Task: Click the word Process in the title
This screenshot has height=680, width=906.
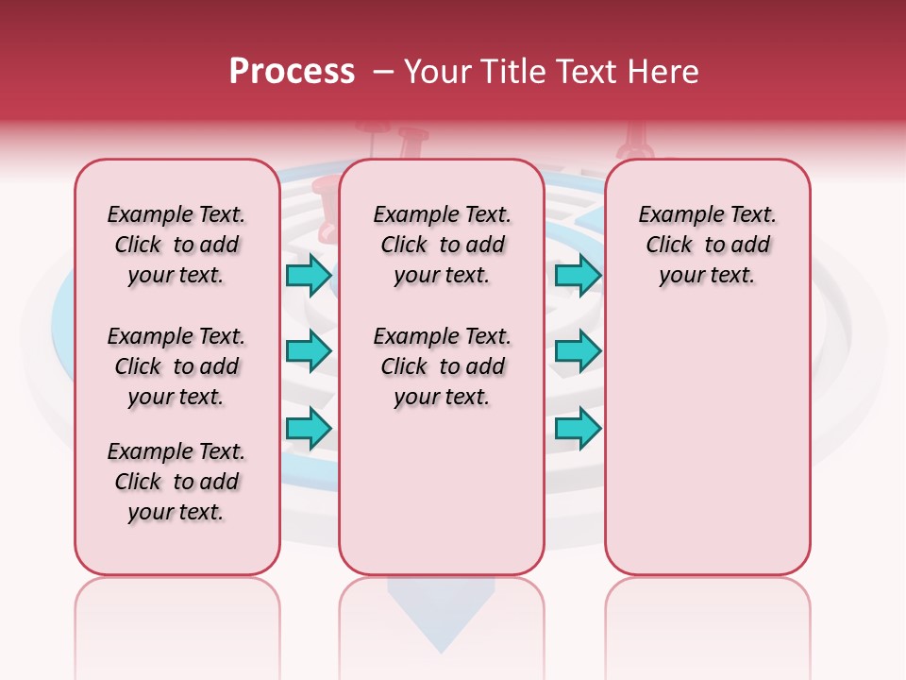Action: [x=292, y=72]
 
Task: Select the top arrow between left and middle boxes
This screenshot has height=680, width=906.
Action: [x=309, y=275]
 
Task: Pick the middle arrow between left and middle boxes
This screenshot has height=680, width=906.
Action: [x=309, y=351]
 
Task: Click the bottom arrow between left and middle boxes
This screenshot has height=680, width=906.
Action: [x=309, y=428]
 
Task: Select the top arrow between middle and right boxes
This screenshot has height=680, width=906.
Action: [x=578, y=275]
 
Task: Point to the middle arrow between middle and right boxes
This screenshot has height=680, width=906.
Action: [x=578, y=351]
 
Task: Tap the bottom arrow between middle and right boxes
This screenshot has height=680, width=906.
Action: [x=578, y=428]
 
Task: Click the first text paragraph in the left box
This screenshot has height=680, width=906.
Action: [x=176, y=245]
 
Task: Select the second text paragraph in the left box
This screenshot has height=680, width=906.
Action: [x=176, y=366]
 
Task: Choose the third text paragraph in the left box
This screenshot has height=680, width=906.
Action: [x=176, y=482]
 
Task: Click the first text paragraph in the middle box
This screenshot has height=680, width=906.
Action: [x=442, y=245]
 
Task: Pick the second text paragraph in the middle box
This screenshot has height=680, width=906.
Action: [x=442, y=366]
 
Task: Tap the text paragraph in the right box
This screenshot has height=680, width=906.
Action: [x=707, y=245]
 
